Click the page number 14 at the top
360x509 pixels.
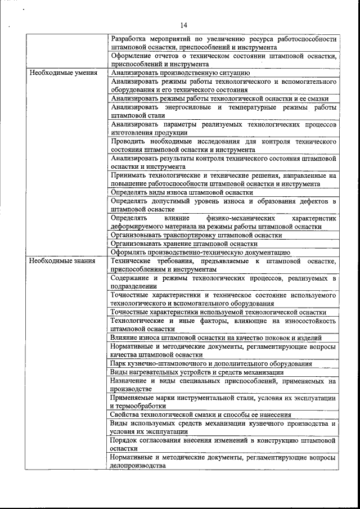(183, 25)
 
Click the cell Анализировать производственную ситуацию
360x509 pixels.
(181, 73)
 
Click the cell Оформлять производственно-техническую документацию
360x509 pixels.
(201, 253)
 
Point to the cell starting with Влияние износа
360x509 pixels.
(216, 338)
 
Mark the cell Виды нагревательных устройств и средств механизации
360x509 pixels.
(197, 372)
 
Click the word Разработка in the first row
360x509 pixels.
(129, 39)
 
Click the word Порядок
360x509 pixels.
(124, 440)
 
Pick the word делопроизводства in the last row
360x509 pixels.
(138, 466)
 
